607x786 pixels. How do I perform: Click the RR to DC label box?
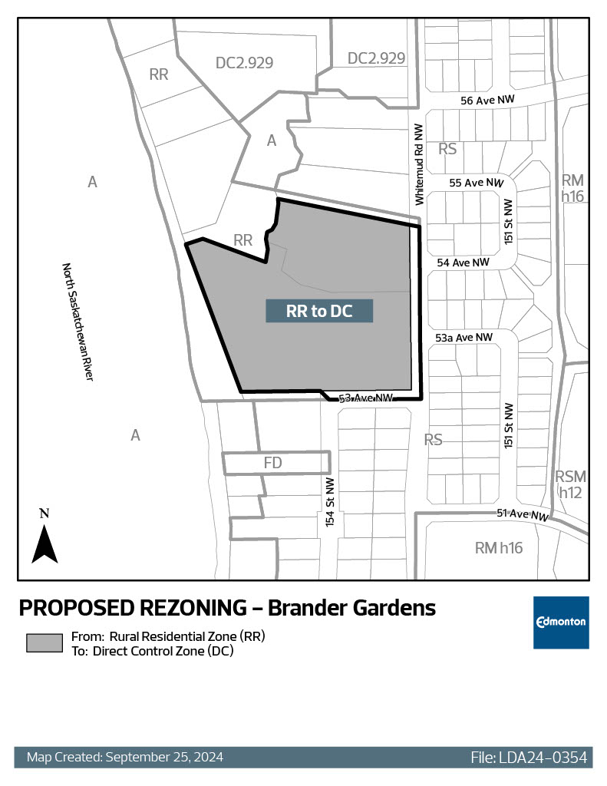point(319,311)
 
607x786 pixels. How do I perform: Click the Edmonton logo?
point(561,622)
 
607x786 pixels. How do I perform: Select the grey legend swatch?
point(45,643)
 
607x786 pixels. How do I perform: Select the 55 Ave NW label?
point(476,183)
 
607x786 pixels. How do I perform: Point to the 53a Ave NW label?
point(463,337)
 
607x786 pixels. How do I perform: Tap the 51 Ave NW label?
point(524,515)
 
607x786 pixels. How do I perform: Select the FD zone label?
point(273,463)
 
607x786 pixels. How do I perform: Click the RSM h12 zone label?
point(570,484)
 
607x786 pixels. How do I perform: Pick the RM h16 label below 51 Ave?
point(499,548)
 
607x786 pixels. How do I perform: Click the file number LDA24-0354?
point(529,758)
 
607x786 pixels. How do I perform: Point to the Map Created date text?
point(125,758)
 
